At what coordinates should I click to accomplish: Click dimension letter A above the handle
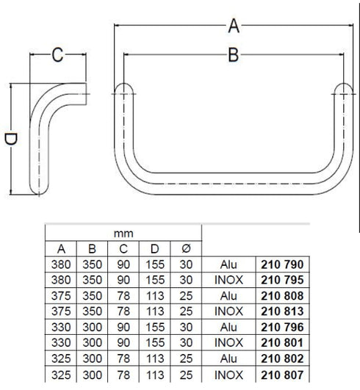tap(234, 26)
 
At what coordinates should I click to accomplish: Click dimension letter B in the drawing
tap(233, 55)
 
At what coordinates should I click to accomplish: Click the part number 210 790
tap(283, 263)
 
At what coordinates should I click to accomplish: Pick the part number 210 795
tap(283, 279)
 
